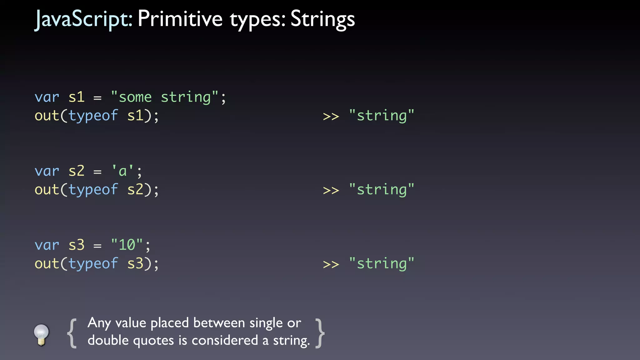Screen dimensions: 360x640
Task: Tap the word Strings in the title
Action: coord(322,19)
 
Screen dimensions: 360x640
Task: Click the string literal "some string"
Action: coord(164,97)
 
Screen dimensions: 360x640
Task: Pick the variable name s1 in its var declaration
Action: coord(77,97)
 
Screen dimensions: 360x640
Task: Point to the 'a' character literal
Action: coord(122,171)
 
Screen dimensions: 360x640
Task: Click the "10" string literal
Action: coord(127,245)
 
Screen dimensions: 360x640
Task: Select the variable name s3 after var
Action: coord(77,245)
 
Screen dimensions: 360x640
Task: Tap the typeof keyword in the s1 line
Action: coord(93,116)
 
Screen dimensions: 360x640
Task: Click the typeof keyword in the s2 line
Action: coord(93,190)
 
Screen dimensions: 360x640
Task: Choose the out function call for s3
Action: coord(47,264)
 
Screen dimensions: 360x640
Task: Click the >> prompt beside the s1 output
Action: coord(331,117)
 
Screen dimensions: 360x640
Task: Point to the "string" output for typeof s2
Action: coord(382,190)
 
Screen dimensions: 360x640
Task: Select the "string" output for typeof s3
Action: coord(382,264)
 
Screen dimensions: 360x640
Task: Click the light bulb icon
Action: coord(41,334)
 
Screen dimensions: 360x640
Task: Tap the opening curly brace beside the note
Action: coord(72,333)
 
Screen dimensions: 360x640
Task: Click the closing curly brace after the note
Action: coord(320,333)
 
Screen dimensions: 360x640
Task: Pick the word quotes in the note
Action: coord(153,341)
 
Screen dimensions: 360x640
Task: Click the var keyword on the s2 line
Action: coord(47,171)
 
